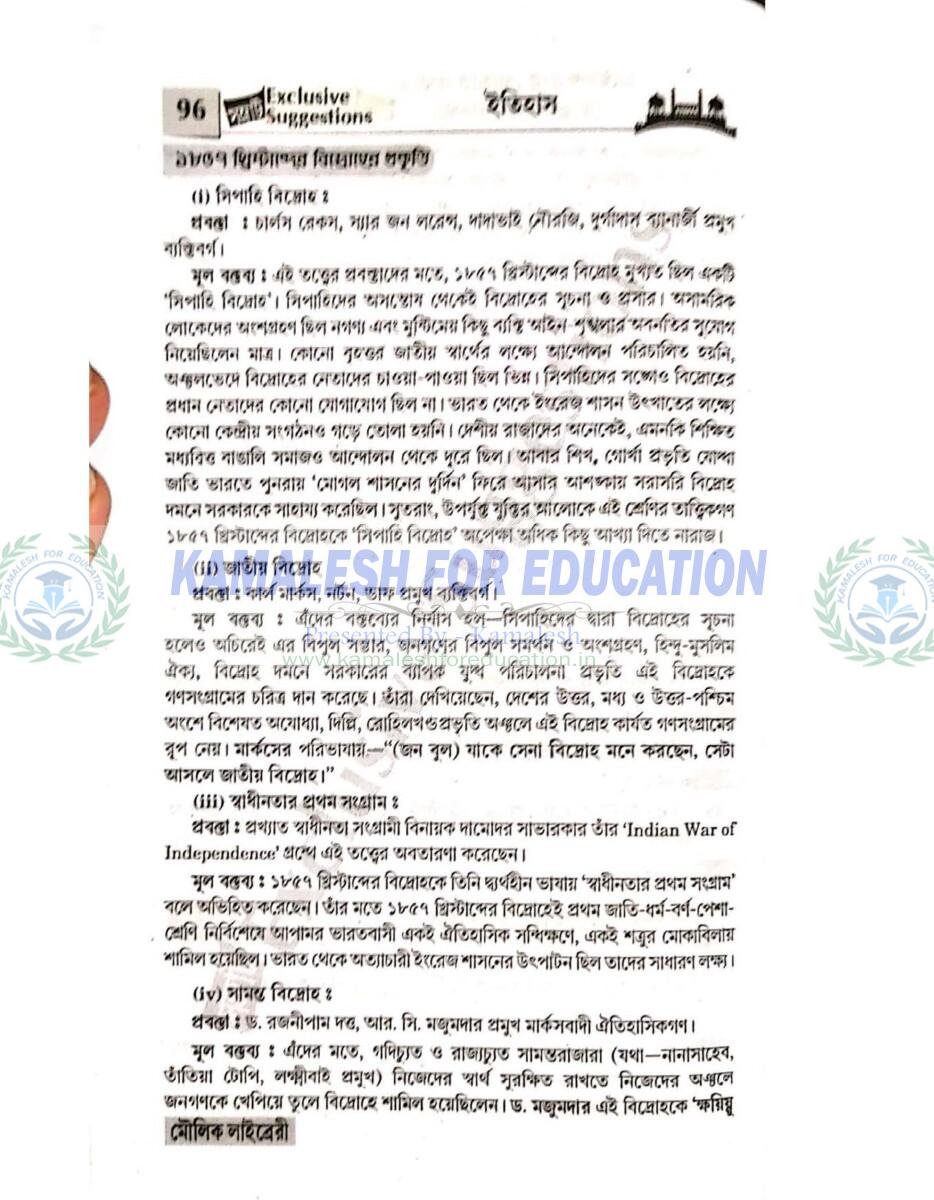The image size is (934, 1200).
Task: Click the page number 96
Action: click(189, 108)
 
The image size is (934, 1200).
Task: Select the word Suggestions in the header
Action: click(319, 116)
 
